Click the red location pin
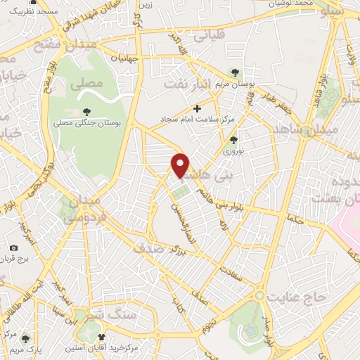(181, 165)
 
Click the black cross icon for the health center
(197, 108)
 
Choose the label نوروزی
(232, 152)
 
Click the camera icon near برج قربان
(13, 247)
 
